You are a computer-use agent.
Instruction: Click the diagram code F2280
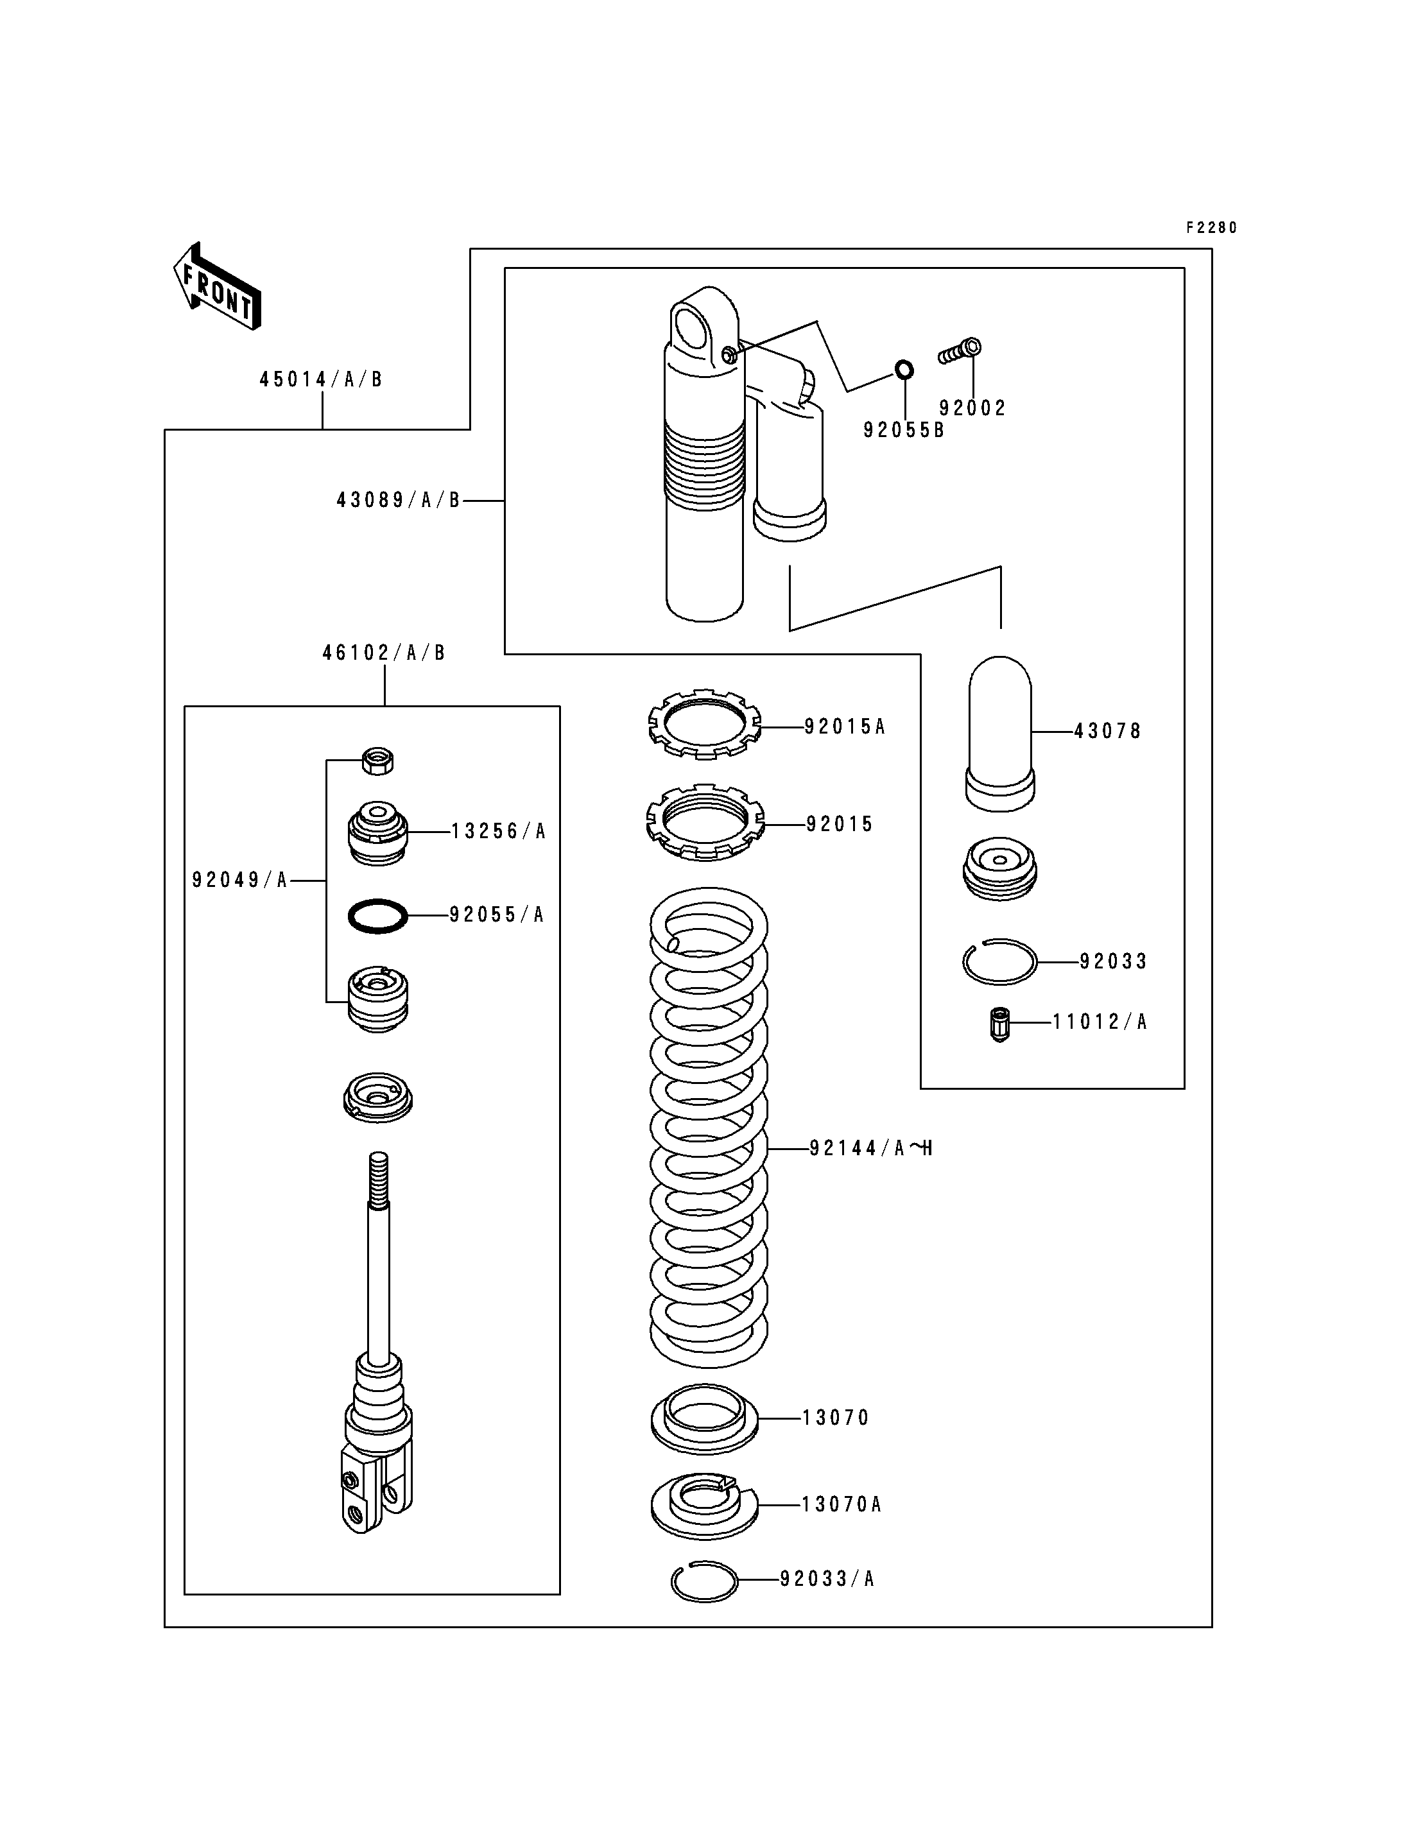(1211, 228)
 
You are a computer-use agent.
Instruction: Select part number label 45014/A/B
(321, 379)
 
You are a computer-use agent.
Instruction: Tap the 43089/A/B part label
(399, 500)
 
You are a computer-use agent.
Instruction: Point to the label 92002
(972, 408)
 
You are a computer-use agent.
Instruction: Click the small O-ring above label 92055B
(904, 368)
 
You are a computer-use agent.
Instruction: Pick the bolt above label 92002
(960, 351)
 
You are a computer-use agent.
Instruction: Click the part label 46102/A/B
(384, 653)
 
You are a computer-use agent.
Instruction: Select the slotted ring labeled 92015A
(705, 723)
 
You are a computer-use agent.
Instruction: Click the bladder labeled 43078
(1000, 733)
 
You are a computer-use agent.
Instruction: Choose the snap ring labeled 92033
(1000, 961)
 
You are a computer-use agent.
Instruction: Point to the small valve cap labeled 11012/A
(999, 1025)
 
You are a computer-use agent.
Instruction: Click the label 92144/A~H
(871, 1148)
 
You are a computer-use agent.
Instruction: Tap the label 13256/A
(498, 831)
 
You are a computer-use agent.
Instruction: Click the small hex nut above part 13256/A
(377, 761)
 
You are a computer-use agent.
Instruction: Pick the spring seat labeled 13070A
(704, 1505)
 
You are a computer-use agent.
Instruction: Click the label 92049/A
(239, 881)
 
